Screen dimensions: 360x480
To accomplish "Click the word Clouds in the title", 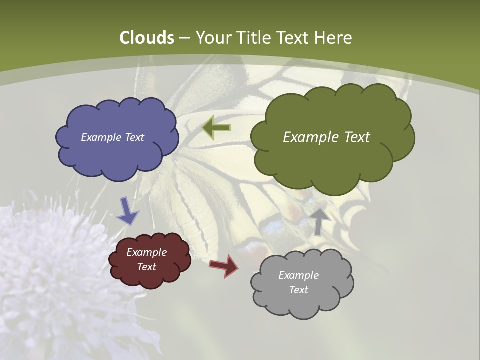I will click(x=147, y=38).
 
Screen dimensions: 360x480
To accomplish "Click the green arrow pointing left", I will click(x=216, y=128).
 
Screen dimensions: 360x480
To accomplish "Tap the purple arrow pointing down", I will click(x=127, y=211).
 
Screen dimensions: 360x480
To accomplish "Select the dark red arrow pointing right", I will click(x=224, y=265).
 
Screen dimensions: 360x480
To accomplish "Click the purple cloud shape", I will click(x=117, y=150).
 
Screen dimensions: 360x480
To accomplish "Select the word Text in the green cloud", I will click(x=354, y=137).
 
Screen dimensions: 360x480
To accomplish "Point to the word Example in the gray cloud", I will click(x=298, y=275).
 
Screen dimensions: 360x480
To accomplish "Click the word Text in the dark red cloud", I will click(x=147, y=267).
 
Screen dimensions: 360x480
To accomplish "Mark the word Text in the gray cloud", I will click(x=298, y=290).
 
